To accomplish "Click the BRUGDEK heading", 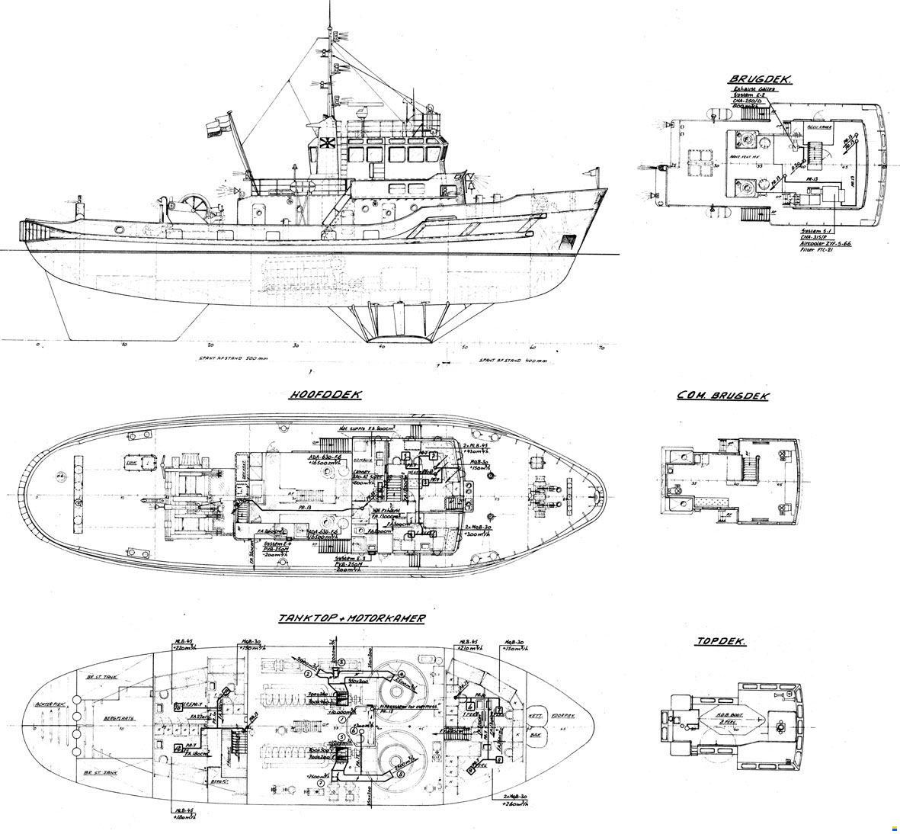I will [x=760, y=79].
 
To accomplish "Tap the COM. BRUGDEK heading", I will [x=722, y=396].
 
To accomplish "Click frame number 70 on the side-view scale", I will [x=601, y=348].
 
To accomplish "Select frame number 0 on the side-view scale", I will [x=37, y=345].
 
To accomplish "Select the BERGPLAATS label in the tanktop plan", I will [x=114, y=718].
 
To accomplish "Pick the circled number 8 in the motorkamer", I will [x=401, y=774].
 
